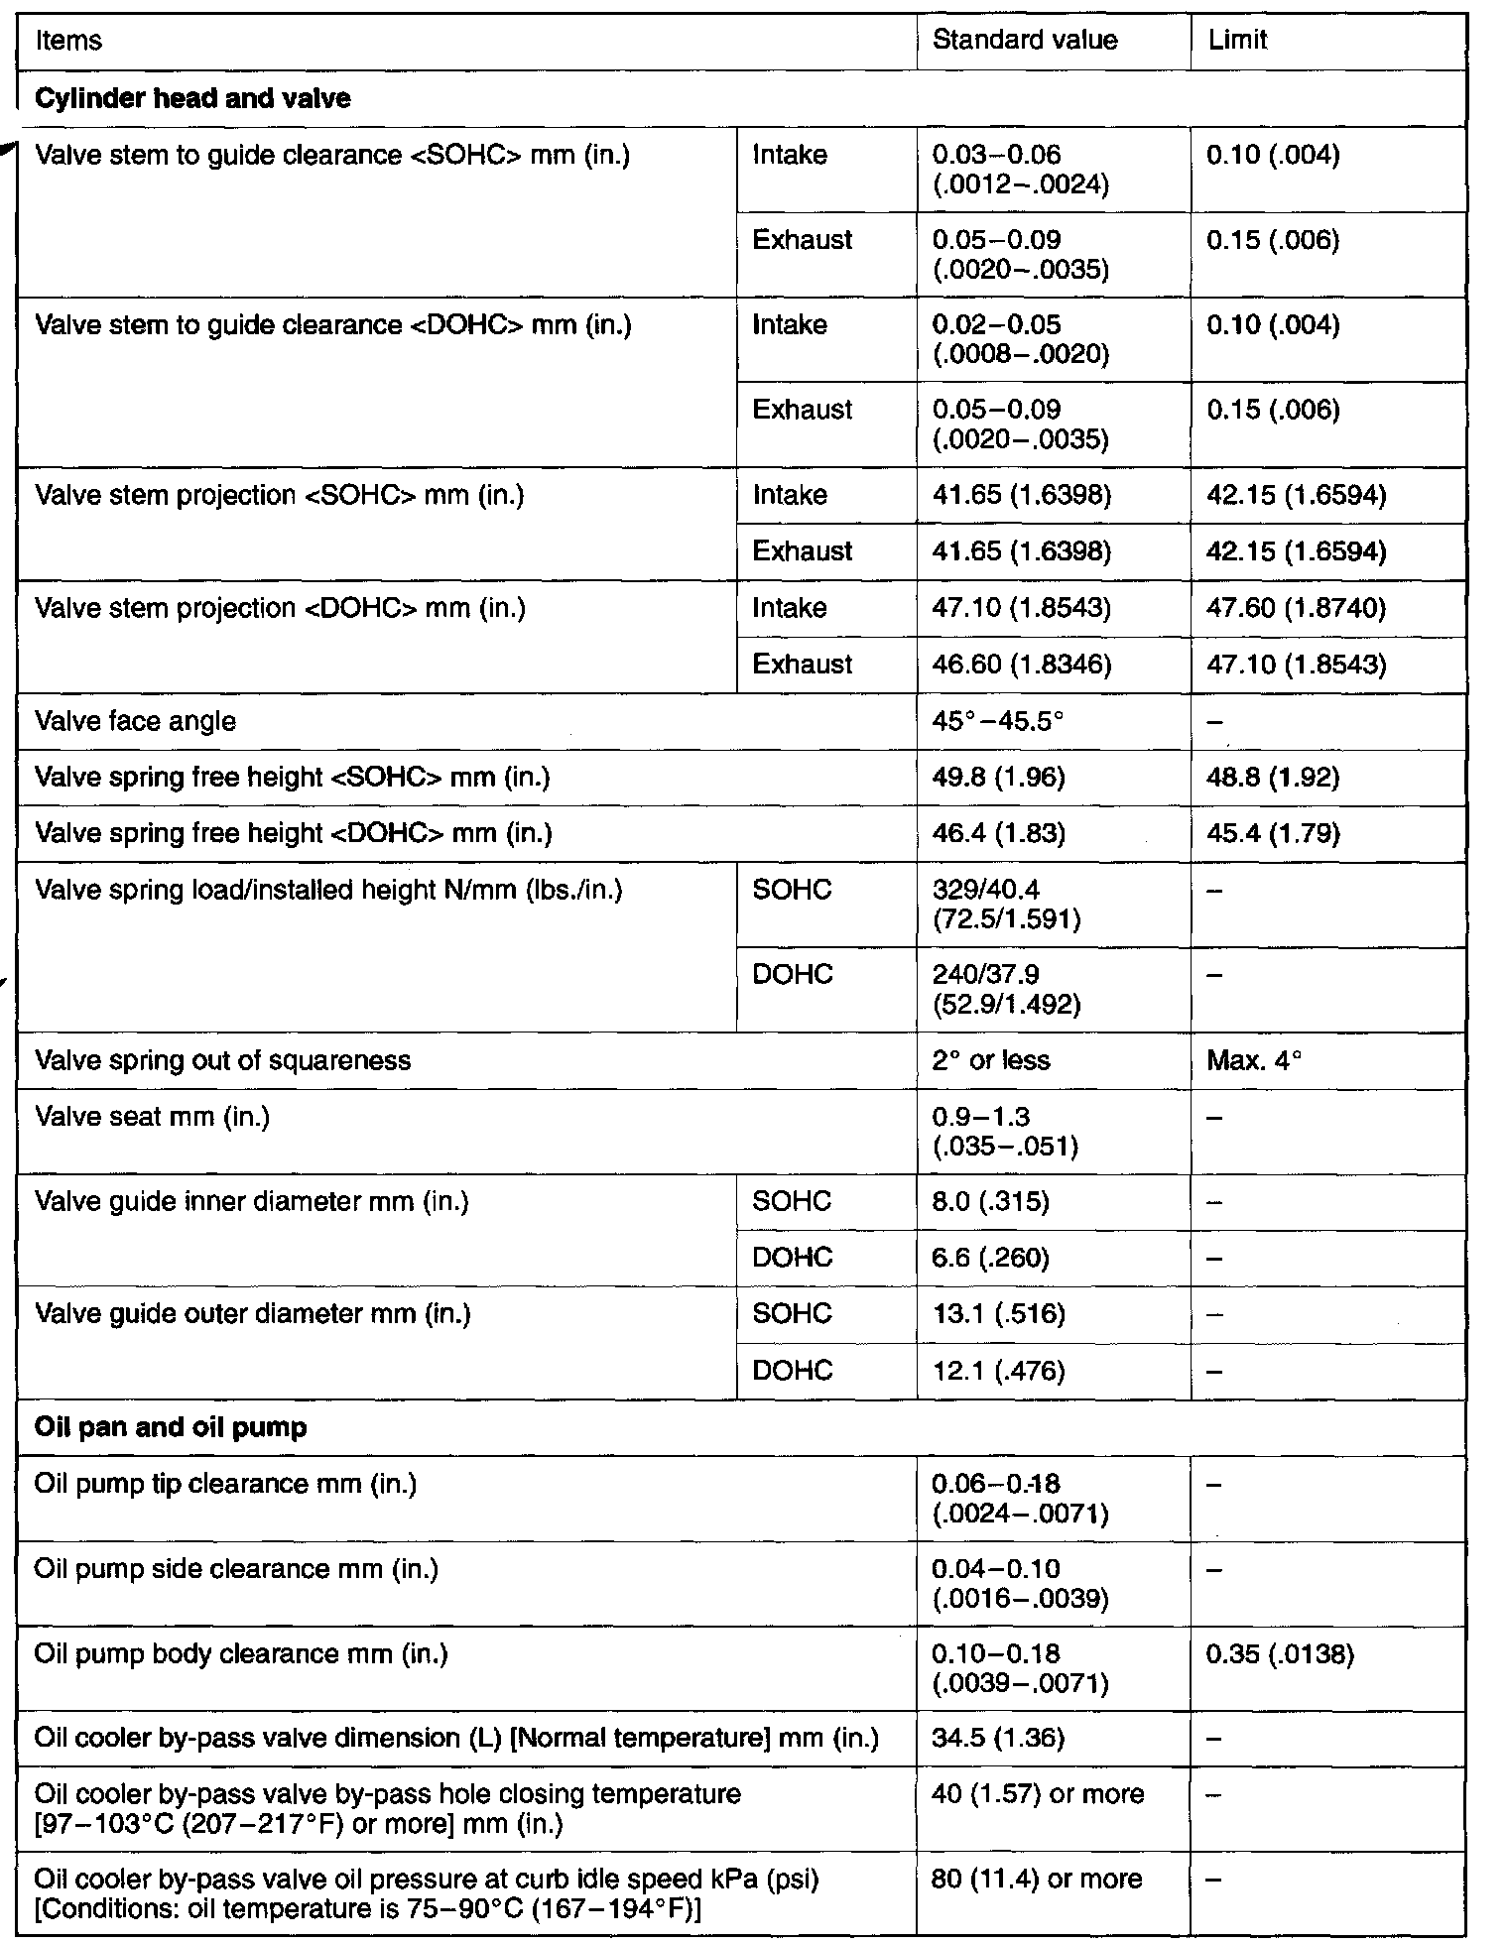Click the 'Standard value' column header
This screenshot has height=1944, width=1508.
pyautogui.click(x=1025, y=41)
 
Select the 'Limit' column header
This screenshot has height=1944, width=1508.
pyautogui.click(x=1237, y=41)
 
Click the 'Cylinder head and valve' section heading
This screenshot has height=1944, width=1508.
pyautogui.click(x=192, y=98)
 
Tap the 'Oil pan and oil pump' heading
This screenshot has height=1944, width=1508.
pyautogui.click(x=171, y=1427)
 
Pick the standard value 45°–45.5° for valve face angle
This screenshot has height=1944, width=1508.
pyautogui.click(x=997, y=721)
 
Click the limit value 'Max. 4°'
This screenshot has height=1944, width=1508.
pyautogui.click(x=1254, y=1060)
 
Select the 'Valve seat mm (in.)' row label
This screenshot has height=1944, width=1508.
pyautogui.click(x=152, y=1117)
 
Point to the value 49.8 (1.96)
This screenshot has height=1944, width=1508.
pyautogui.click(x=998, y=777)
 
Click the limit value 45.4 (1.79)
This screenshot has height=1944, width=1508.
pyautogui.click(x=1273, y=833)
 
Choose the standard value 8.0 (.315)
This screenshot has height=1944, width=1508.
pyautogui.click(x=990, y=1202)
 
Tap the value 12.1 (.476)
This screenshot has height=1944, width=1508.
pyautogui.click(x=998, y=1371)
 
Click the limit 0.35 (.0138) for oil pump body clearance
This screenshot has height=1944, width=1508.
pyautogui.click(x=1280, y=1653)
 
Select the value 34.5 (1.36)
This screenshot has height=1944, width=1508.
pyautogui.click(x=998, y=1738)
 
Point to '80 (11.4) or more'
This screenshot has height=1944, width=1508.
pyautogui.click(x=1038, y=1879)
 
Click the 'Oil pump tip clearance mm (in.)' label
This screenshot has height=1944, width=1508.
pyautogui.click(x=225, y=1484)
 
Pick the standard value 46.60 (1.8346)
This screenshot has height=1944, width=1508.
pyautogui.click(x=1022, y=664)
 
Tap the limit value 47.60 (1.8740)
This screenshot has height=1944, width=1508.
pyautogui.click(x=1296, y=607)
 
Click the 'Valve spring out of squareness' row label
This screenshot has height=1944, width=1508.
pyautogui.click(x=222, y=1060)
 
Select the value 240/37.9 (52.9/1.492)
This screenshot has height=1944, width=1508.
pyautogui.click(x=1006, y=989)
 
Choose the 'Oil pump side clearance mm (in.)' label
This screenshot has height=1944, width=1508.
pyautogui.click(x=236, y=1569)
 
